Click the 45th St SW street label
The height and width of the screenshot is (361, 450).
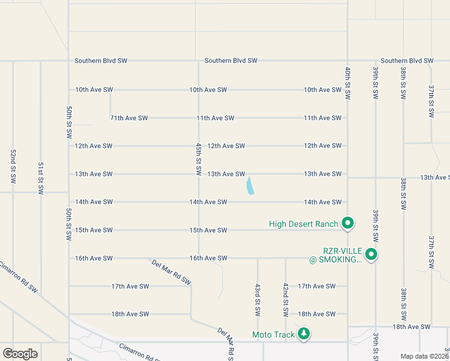[x=198, y=159]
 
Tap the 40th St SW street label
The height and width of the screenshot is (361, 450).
[x=348, y=83]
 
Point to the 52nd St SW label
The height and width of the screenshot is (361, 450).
[x=13, y=165]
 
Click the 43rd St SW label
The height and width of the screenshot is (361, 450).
[x=257, y=300]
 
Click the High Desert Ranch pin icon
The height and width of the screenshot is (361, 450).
[x=347, y=223]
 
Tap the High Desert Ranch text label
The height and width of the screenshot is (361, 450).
[x=303, y=224]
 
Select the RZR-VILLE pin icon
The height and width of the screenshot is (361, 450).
[x=371, y=255]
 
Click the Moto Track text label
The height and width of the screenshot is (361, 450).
[x=274, y=335]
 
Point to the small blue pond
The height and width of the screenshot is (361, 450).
[x=250, y=185]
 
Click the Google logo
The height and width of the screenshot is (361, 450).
[x=20, y=354]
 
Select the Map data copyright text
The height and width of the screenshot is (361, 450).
[x=424, y=356]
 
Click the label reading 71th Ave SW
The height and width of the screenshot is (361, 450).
[x=129, y=118]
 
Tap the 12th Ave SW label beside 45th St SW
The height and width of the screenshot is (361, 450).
[x=226, y=146]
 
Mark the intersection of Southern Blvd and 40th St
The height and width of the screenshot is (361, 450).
[x=348, y=61]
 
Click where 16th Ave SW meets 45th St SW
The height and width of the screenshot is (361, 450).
[x=199, y=258]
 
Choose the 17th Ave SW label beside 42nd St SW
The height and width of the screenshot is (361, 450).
[x=316, y=286]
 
